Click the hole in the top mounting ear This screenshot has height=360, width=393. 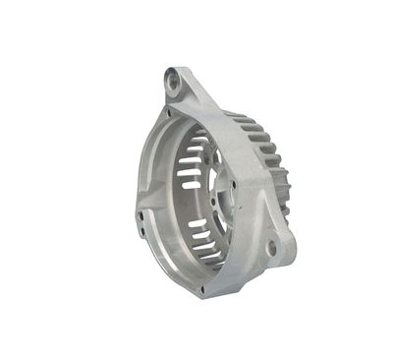(174, 83)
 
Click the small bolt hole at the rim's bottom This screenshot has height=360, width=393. (202, 288)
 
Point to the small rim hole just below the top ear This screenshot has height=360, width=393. (168, 112)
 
